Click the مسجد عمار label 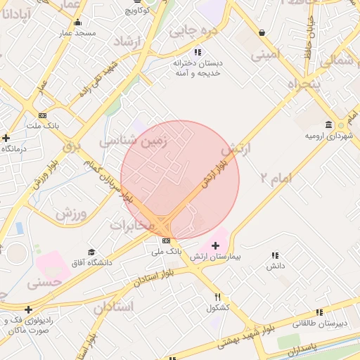pyautogui.click(x=75, y=33)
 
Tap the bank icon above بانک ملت pyautogui.click(x=43, y=115)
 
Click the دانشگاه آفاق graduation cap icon pyautogui.click(x=91, y=252)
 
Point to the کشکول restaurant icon pyautogui.click(x=218, y=297)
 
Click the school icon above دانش pyautogui.click(x=275, y=255)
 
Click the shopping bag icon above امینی pyautogui.click(x=262, y=32)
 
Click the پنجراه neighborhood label pyautogui.click(x=304, y=85)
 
